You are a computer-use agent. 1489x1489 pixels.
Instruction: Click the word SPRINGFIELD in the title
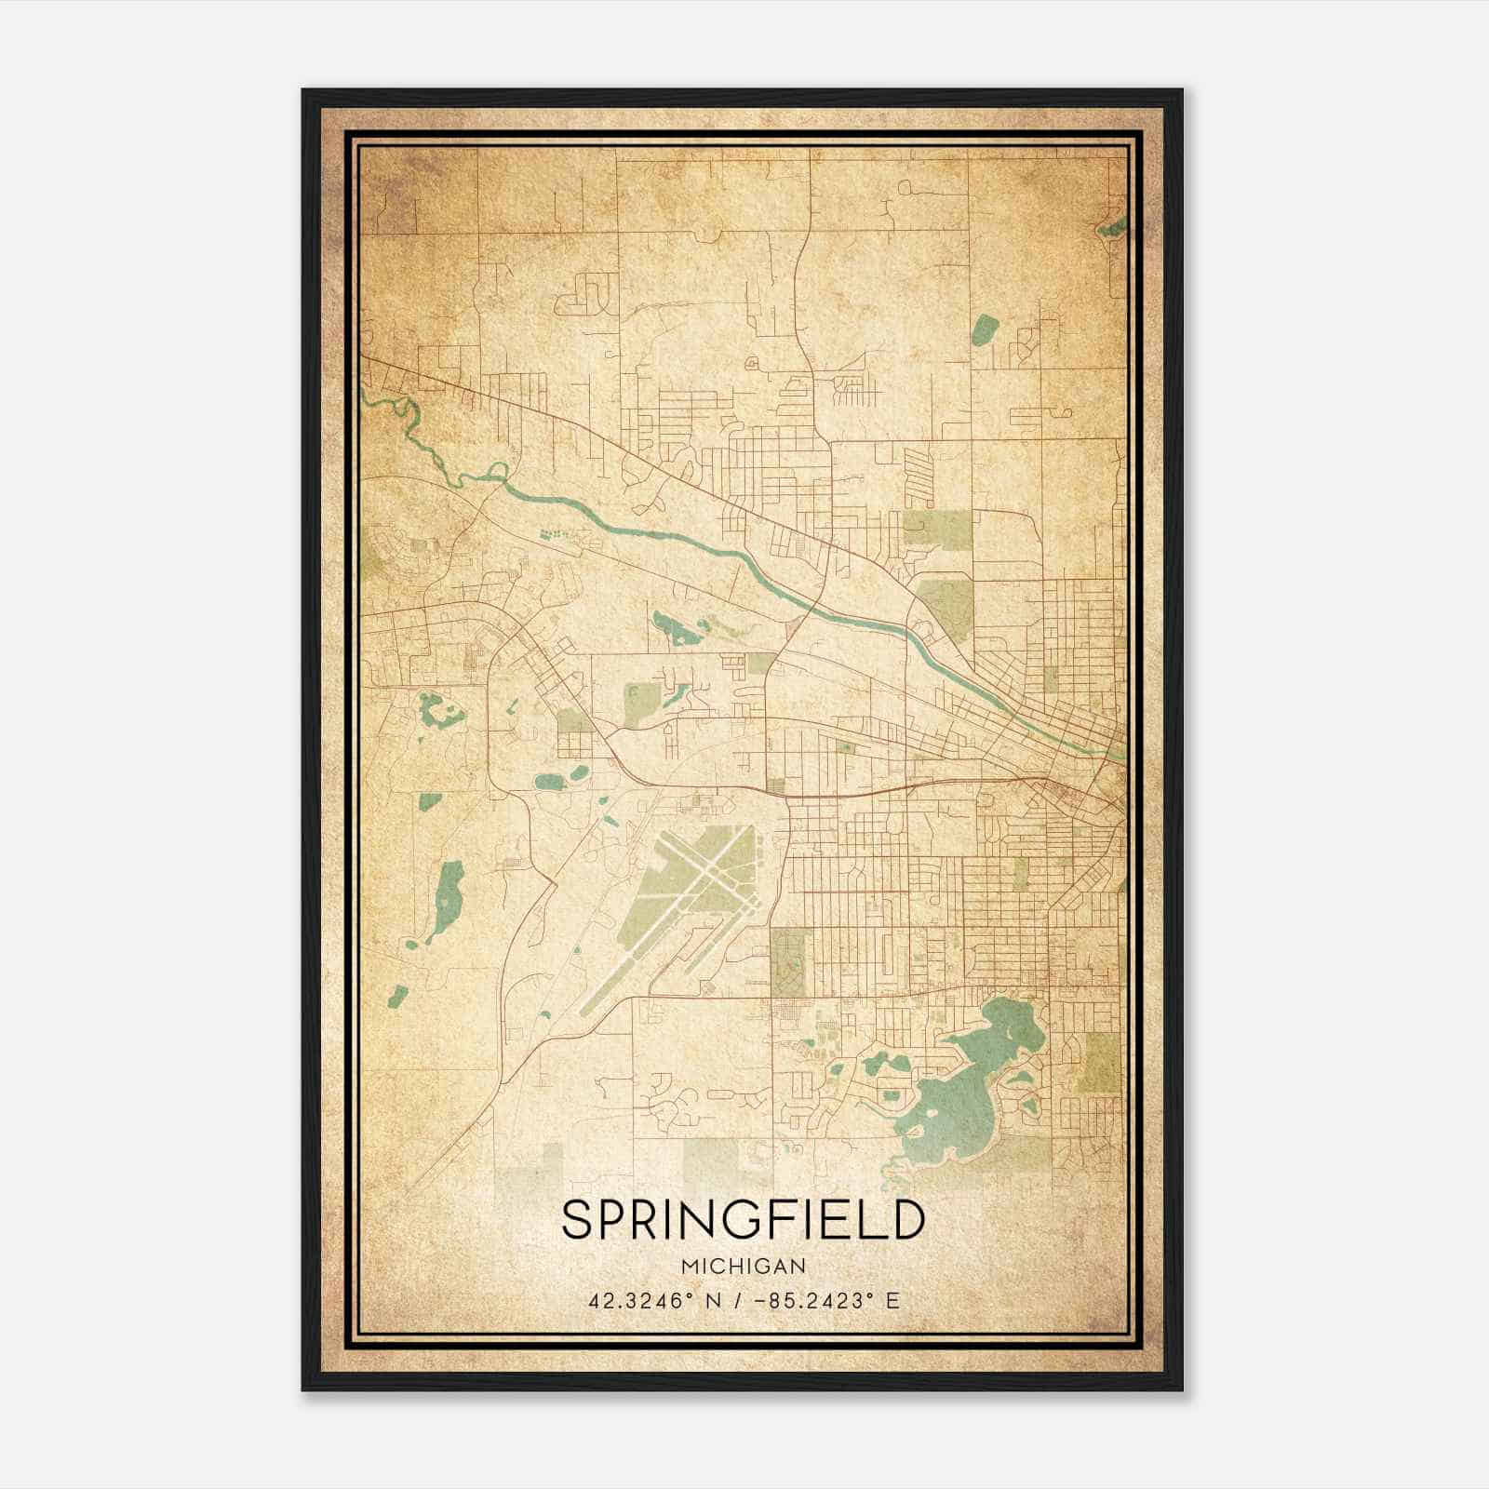744,1220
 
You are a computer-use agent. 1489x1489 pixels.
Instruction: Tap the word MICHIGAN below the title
744,1266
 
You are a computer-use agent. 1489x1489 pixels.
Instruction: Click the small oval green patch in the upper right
985,327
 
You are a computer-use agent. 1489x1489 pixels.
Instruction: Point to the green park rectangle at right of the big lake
1104,1061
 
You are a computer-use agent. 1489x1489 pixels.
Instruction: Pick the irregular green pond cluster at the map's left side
437,711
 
